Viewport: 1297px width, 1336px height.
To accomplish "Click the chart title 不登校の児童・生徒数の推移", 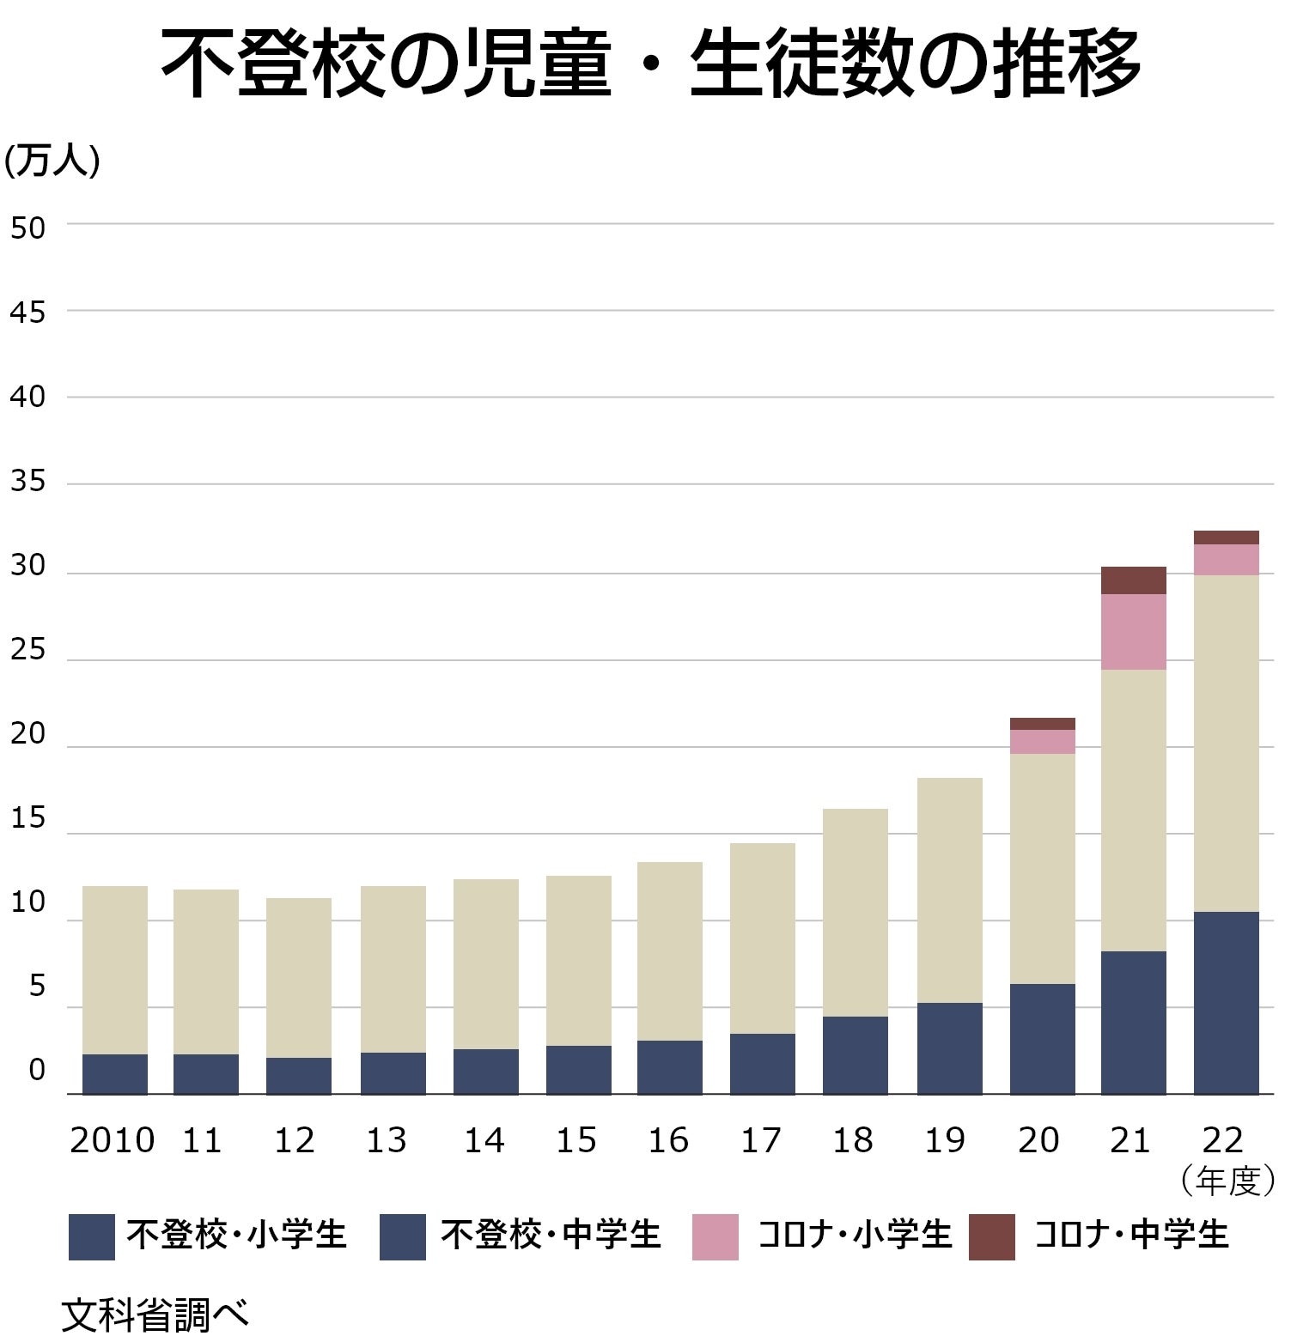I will (x=650, y=65).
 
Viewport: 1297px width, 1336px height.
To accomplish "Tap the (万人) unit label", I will (x=52, y=161).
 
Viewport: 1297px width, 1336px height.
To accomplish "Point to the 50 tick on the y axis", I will (x=27, y=228).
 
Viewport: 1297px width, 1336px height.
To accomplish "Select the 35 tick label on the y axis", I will (x=27, y=482).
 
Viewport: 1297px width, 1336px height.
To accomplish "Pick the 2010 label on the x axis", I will (x=112, y=1140).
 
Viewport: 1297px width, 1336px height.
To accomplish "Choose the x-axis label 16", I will (x=668, y=1140).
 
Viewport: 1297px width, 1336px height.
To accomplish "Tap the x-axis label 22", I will (x=1222, y=1140).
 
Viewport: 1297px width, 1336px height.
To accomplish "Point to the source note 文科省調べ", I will (x=155, y=1315).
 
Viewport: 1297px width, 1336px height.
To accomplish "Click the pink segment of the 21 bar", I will (x=1133, y=631).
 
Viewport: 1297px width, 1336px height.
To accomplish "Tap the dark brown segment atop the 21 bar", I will (x=1133, y=580).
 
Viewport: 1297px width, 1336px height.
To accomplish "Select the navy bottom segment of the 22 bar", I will (x=1226, y=1003).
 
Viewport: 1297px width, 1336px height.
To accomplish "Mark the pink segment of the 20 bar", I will (x=1042, y=742).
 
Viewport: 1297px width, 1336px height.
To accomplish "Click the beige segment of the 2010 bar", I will (x=114, y=970).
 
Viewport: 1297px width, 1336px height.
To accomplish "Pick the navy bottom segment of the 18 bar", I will (x=855, y=1055).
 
